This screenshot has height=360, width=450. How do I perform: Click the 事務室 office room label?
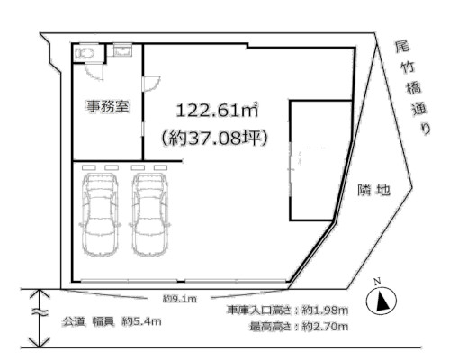107,106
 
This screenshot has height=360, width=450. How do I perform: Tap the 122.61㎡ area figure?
217,111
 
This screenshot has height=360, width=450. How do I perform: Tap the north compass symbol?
382,301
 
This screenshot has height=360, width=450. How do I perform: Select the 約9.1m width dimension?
179,298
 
